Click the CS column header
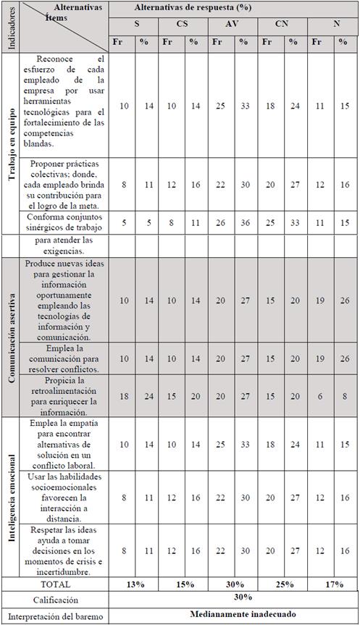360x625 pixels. (x=183, y=23)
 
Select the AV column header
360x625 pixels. (x=233, y=23)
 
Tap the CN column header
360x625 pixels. (x=282, y=23)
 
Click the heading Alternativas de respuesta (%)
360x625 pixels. (x=233, y=7)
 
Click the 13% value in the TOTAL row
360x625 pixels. (x=133, y=584)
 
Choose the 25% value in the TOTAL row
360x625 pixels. (x=282, y=584)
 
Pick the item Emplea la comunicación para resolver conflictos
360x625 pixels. (x=65, y=358)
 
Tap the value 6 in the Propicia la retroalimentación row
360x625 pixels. (x=319, y=395)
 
